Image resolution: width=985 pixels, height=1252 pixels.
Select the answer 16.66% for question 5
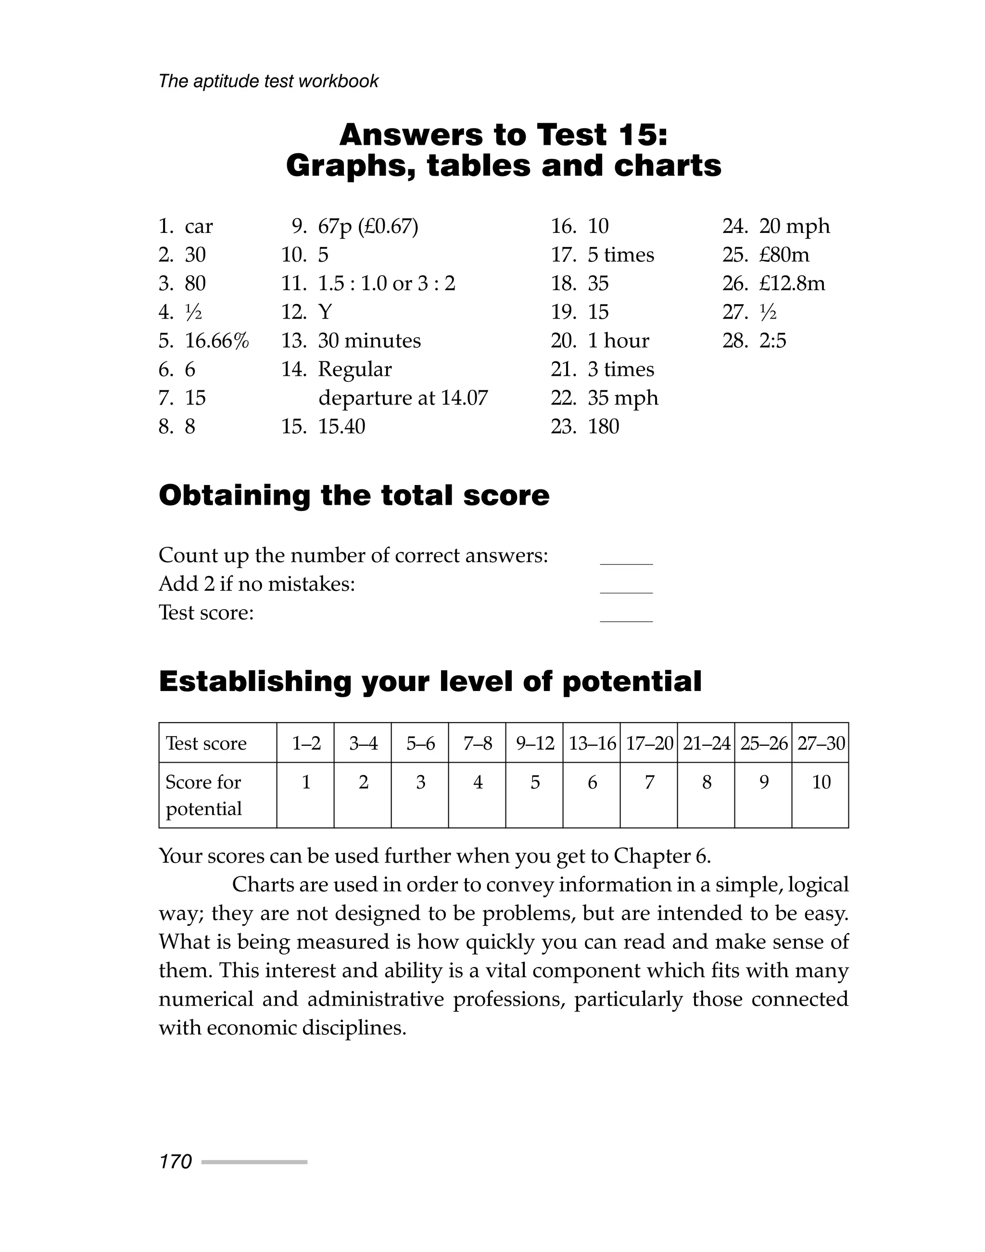(x=217, y=341)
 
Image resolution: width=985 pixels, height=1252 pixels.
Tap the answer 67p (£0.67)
(x=368, y=226)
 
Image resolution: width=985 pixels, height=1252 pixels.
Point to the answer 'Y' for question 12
(x=325, y=312)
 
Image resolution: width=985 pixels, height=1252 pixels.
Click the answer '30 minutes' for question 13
(x=369, y=341)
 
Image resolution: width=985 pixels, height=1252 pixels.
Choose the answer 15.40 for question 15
(x=341, y=426)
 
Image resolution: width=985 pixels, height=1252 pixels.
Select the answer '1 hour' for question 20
(x=618, y=341)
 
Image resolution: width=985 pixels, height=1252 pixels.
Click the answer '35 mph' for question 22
(x=623, y=398)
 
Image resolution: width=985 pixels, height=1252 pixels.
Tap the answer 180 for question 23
(x=603, y=426)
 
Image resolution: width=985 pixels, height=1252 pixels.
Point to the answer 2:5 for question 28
(x=772, y=341)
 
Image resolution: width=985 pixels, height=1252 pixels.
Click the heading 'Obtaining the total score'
(x=354, y=496)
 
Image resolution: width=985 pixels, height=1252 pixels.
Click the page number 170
(x=176, y=1162)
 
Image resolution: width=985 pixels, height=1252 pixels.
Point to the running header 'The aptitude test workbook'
(x=269, y=81)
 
